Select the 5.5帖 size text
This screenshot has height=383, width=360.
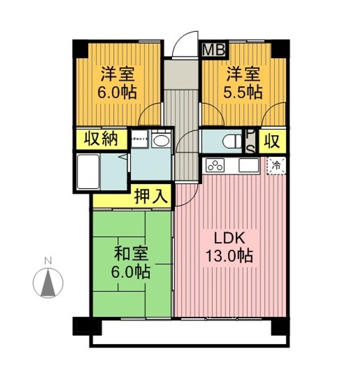pyautogui.click(x=242, y=92)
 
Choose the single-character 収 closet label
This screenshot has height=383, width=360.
pyautogui.click(x=272, y=141)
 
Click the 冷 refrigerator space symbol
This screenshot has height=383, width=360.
pyautogui.click(x=276, y=165)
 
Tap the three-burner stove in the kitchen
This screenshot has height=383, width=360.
pyautogui.click(x=216, y=165)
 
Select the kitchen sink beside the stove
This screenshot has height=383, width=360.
pyautogui.click(x=248, y=165)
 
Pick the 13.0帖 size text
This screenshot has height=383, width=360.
pyautogui.click(x=229, y=256)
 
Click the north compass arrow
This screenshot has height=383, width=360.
pyautogui.click(x=48, y=282)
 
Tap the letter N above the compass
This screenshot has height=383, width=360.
pyautogui.click(x=48, y=261)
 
